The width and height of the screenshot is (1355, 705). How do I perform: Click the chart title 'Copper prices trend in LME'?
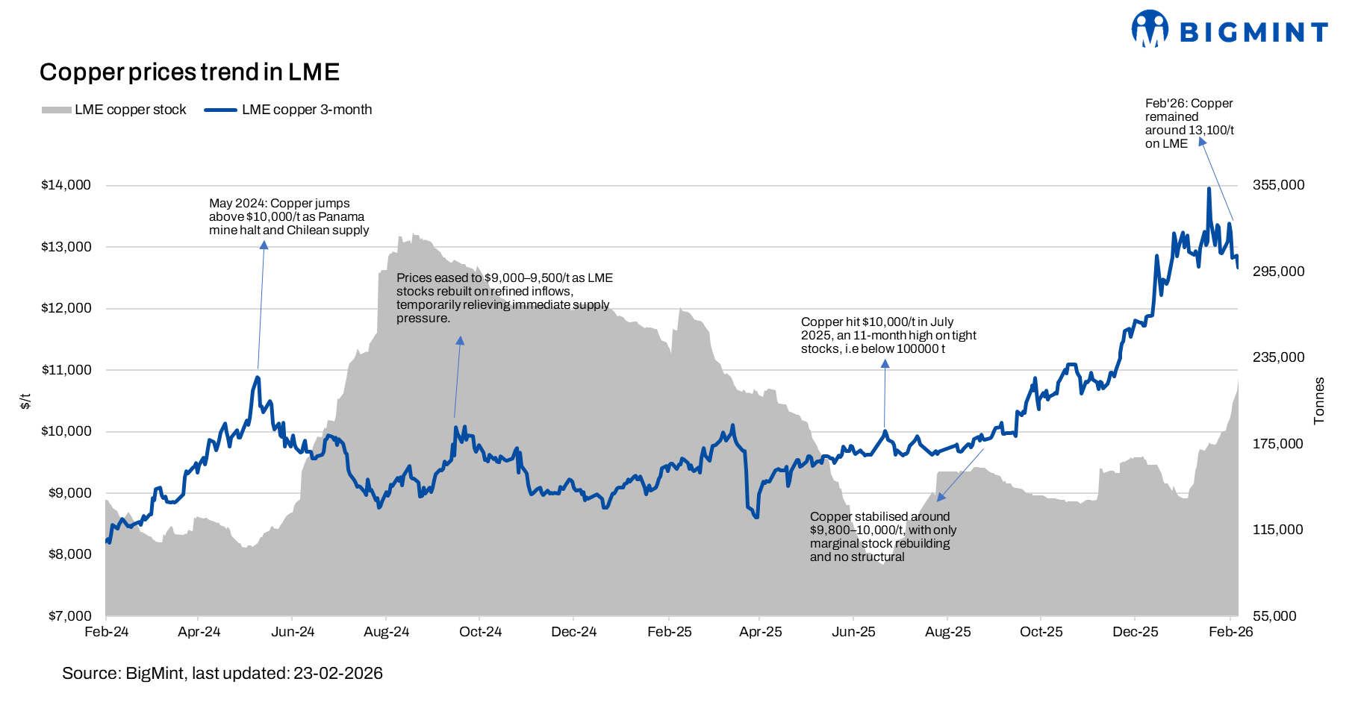(190, 72)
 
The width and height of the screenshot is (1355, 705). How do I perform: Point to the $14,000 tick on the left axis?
(66, 185)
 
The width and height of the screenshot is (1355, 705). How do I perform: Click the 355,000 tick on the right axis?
(1278, 185)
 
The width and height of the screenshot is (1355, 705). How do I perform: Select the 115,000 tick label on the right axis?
(1278, 530)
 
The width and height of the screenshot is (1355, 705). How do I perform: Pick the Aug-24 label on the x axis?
(386, 632)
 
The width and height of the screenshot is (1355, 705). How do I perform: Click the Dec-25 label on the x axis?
(1135, 632)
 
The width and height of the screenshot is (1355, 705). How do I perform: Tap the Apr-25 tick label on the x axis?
(760, 632)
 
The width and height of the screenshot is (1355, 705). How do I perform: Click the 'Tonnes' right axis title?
(1319, 401)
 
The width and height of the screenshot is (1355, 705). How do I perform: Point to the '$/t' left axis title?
(25, 401)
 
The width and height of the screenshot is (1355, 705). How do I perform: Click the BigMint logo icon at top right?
(1149, 29)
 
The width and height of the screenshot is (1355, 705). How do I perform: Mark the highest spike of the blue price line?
(1208, 189)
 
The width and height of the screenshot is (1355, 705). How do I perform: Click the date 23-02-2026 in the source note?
(337, 674)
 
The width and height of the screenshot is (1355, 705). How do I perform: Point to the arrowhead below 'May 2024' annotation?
(264, 245)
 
